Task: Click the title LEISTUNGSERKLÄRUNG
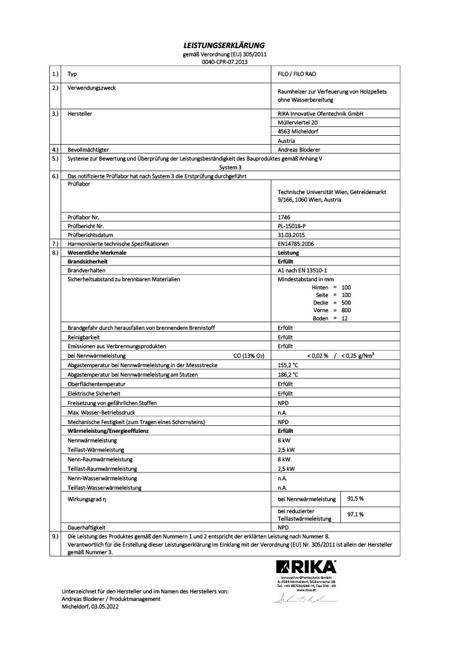pyautogui.click(x=228, y=45)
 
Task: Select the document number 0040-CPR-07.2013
pyautogui.click(x=228, y=62)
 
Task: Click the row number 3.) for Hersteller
pyautogui.click(x=54, y=113)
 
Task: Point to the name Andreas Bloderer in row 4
pyautogui.click(x=299, y=149)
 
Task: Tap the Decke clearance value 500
pyautogui.click(x=345, y=302)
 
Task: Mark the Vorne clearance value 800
pyautogui.click(x=345, y=310)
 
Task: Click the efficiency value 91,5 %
pyautogui.click(x=356, y=499)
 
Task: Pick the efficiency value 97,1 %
pyautogui.click(x=356, y=514)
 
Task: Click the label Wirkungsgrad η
pyautogui.click(x=87, y=499)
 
